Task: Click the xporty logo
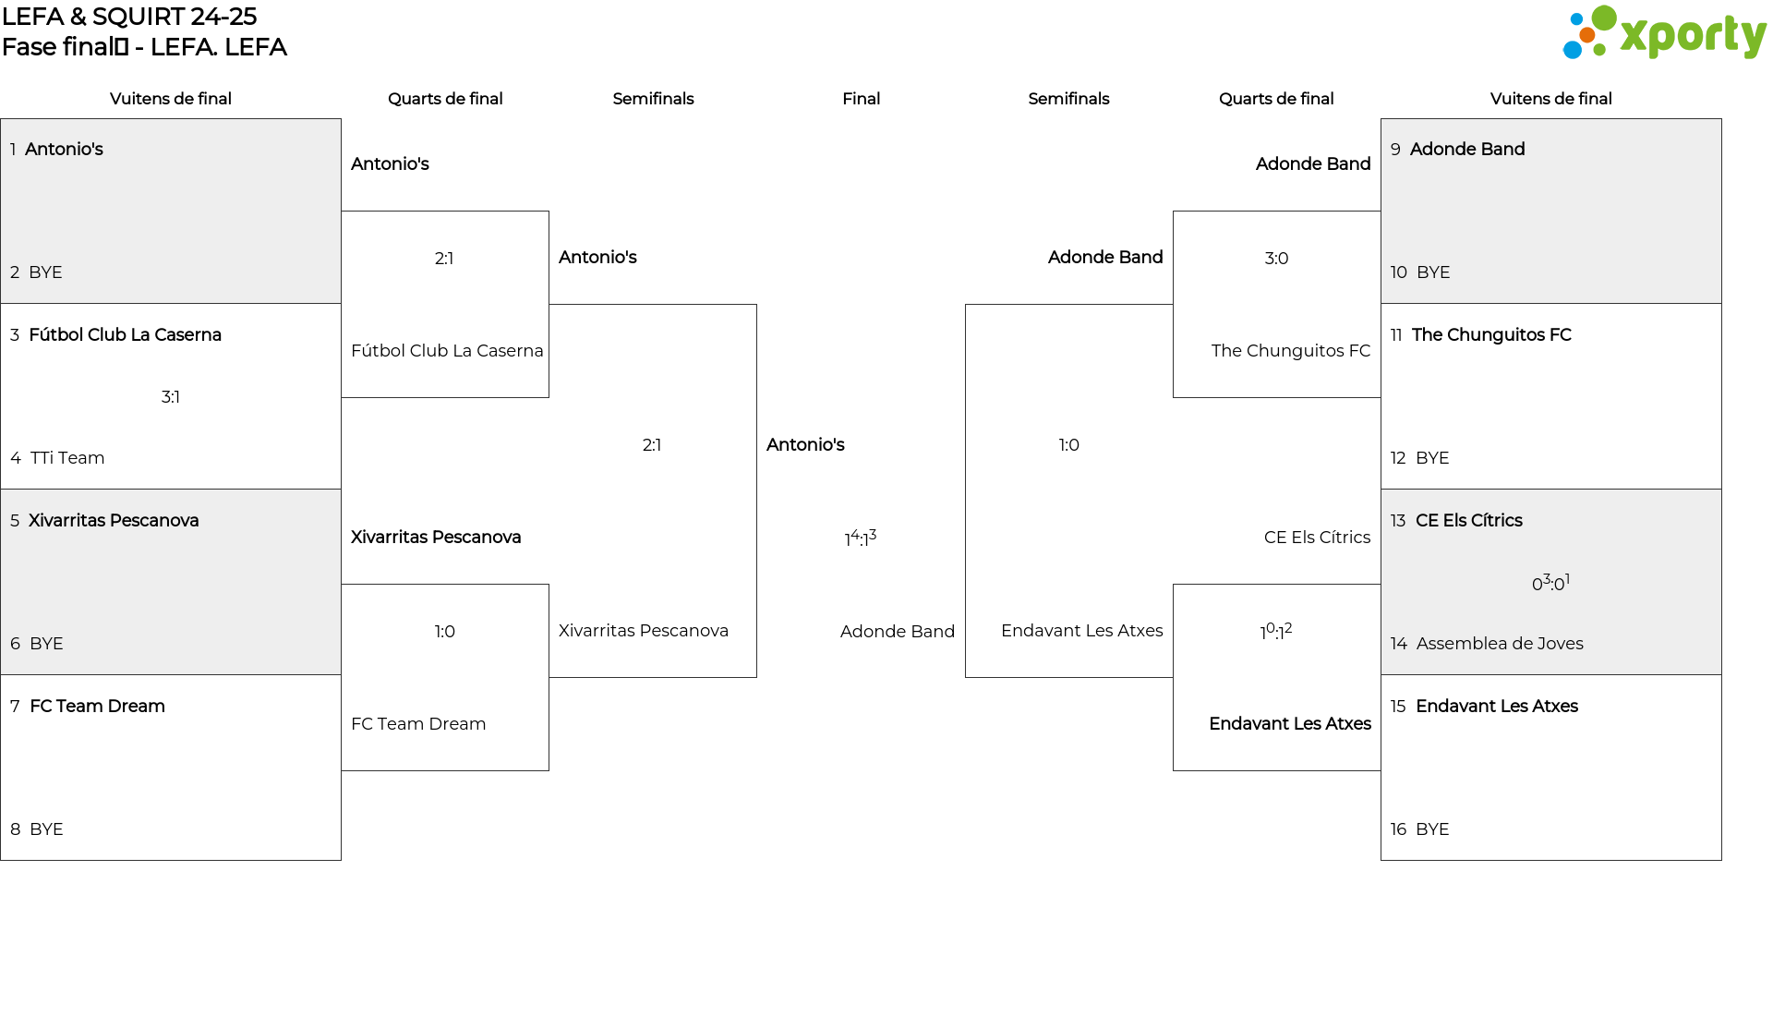1664,33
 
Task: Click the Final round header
861,99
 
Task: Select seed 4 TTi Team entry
57,458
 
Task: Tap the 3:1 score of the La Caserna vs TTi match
171,397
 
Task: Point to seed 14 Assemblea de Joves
1487,644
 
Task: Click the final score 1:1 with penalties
861,538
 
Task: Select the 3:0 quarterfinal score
1276,259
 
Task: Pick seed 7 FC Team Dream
88,707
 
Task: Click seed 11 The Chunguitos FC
1481,335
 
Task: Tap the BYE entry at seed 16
1419,829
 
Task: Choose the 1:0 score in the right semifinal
1068,445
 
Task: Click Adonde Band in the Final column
898,632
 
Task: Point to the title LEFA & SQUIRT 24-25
129,17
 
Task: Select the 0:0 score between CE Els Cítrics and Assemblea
1551,583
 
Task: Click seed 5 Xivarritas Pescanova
104,521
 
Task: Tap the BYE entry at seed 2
36,272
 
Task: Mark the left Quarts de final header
445,99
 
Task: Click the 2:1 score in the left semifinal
652,445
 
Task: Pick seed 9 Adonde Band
1457,150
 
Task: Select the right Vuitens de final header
1551,99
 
